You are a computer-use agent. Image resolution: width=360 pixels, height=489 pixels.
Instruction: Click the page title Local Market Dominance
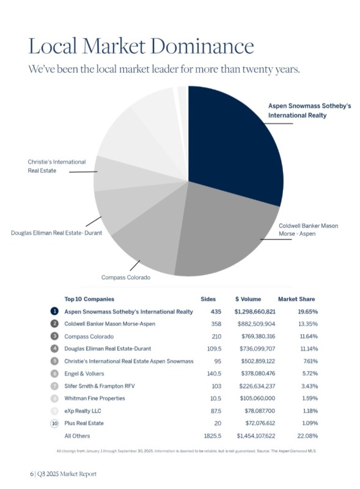click(141, 46)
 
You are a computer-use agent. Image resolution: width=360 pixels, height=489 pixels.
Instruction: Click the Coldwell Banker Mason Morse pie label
click(308, 230)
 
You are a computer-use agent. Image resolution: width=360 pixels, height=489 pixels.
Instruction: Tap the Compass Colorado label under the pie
click(126, 278)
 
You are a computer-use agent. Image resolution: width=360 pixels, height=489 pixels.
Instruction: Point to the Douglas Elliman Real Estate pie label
click(56, 232)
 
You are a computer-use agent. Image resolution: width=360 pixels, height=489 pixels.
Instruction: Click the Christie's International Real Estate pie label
click(56, 166)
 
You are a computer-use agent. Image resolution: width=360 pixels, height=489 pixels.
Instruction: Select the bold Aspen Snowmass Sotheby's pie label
click(309, 110)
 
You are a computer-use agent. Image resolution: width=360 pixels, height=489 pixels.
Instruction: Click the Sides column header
click(208, 299)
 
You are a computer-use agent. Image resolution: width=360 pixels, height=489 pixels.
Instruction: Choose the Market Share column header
click(296, 299)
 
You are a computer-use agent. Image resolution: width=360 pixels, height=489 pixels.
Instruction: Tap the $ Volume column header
click(248, 299)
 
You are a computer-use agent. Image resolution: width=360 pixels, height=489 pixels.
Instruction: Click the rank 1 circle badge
click(54, 312)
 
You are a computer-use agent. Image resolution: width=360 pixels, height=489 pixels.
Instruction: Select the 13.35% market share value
click(307, 323)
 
